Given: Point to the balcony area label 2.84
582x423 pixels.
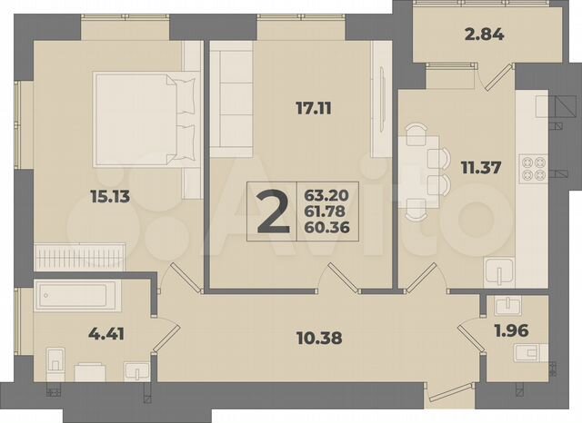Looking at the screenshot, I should coord(458,37).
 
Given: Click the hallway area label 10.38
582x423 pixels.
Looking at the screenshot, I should coord(320,340).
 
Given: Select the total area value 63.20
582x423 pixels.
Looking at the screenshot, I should coord(332,194).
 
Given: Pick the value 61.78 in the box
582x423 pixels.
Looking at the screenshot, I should coord(332,211).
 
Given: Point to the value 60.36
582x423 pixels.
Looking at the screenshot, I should coord(332,227).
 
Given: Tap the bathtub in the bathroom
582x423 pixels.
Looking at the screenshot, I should coord(74,295).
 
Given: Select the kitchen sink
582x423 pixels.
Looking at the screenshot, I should coord(499,271).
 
